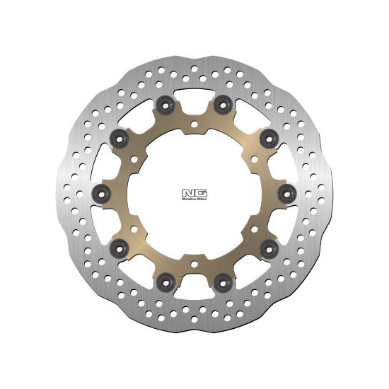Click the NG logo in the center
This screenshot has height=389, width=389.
pos(194,193)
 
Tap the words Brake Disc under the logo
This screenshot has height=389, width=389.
pos(194,199)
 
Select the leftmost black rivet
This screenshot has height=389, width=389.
pos(101,194)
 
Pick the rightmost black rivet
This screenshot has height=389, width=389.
pos(287,194)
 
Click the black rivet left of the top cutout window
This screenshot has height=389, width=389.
pos(166,105)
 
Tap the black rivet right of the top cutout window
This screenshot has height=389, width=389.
pos(223,105)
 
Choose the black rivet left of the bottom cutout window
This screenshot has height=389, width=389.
pos(166,283)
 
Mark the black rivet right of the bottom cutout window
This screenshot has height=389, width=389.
pos(223,283)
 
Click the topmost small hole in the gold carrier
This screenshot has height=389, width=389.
pos(194,124)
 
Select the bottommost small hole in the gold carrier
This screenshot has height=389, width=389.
pos(194,265)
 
